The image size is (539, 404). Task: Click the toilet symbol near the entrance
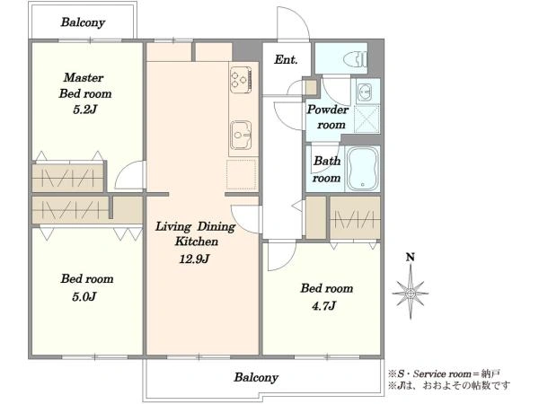tap(356, 58)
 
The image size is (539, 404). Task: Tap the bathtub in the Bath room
tap(362, 169)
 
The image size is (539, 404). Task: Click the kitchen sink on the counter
tap(241, 135)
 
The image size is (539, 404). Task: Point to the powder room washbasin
tap(364, 92)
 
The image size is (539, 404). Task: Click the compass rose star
tap(411, 293)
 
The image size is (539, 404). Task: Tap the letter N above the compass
tap(411, 257)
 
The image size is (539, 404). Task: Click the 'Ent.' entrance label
tap(286, 60)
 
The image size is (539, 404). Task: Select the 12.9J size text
tap(194, 259)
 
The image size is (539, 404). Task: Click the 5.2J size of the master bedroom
tap(85, 110)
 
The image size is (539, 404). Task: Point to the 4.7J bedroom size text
tap(323, 305)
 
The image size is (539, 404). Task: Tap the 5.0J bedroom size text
tap(84, 296)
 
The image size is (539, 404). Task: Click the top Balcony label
tap(83, 22)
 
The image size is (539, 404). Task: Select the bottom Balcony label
tap(256, 377)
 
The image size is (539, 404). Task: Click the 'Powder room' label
tap(328, 117)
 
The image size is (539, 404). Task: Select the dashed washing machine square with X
tap(367, 119)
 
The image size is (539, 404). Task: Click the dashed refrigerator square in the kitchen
tap(242, 174)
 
